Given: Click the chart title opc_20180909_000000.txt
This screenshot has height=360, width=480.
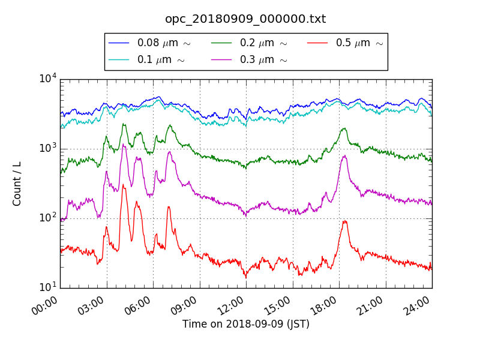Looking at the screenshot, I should coord(245,19).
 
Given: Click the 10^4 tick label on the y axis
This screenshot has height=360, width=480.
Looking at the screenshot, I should coord(47,79).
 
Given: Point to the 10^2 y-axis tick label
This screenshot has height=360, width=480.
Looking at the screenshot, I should coord(47,218).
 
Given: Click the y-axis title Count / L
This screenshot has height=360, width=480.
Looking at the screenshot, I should coord(17,184).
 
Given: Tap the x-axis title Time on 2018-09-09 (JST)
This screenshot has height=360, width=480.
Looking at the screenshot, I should coord(246,324).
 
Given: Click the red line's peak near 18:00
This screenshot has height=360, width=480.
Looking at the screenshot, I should coord(345,221).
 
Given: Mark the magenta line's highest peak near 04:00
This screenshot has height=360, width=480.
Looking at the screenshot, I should coord(123,144).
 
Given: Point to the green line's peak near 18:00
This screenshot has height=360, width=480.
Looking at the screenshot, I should coord(344,128).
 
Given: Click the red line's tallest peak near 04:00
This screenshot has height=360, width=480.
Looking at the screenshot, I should coord(124,184).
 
